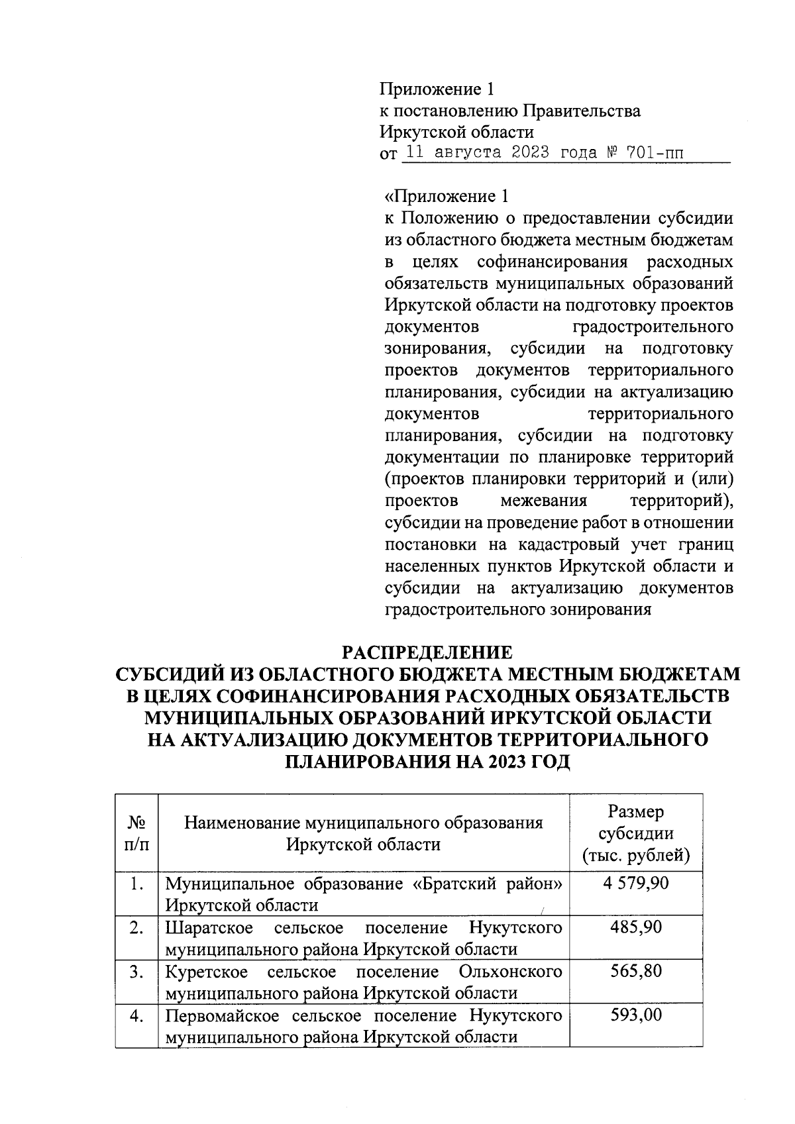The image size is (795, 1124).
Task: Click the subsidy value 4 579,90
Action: [x=635, y=883]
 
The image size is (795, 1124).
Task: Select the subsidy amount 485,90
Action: [x=635, y=927]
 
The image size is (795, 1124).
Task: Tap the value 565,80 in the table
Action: [x=635, y=972]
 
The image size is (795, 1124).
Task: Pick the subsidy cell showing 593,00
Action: [x=635, y=1015]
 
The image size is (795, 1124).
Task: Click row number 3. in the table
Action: [x=136, y=972]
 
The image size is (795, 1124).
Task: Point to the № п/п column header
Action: [x=136, y=833]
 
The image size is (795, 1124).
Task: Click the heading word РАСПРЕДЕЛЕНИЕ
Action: [x=427, y=652]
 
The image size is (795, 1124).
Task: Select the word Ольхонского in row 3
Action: [x=510, y=972]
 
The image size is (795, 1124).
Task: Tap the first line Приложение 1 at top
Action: [x=437, y=89]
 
